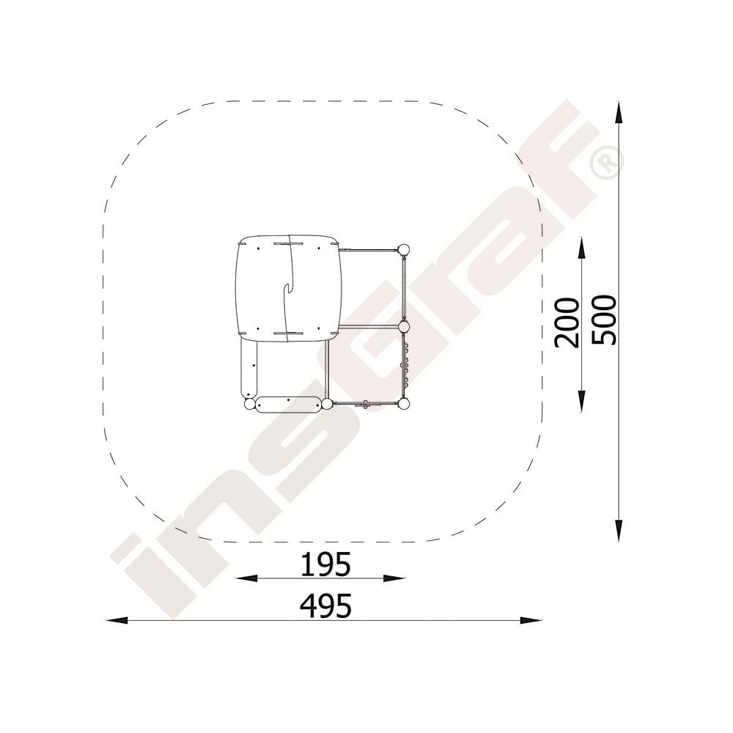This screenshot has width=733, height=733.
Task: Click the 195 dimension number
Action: pos(325,564)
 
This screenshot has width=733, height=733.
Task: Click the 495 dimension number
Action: pos(325,606)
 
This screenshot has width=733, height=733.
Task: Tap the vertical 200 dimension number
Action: pos(567,323)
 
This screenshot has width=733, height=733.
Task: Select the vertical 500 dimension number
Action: pos(604,320)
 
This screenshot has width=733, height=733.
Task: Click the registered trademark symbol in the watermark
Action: pos(607,161)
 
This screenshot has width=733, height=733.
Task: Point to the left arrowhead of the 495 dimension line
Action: pos(117,620)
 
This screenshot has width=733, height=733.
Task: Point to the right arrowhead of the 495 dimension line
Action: pos(531,620)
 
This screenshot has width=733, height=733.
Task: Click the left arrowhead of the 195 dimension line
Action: pos(246,578)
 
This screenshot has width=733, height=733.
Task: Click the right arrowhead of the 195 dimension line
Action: pos(394,578)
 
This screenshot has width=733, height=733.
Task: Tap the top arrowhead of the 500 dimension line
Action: pos(619,113)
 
